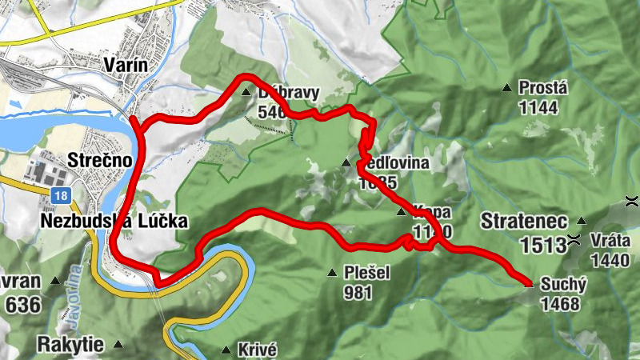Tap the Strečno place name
click(99, 159)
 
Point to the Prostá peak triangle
click(506, 88)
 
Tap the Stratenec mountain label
click(524, 220)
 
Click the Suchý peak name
click(564, 283)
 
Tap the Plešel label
click(367, 273)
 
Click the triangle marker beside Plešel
click(332, 274)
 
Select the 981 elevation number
click(358, 292)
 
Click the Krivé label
click(257, 350)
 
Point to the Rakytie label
click(70, 345)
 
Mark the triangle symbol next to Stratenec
click(582, 220)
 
